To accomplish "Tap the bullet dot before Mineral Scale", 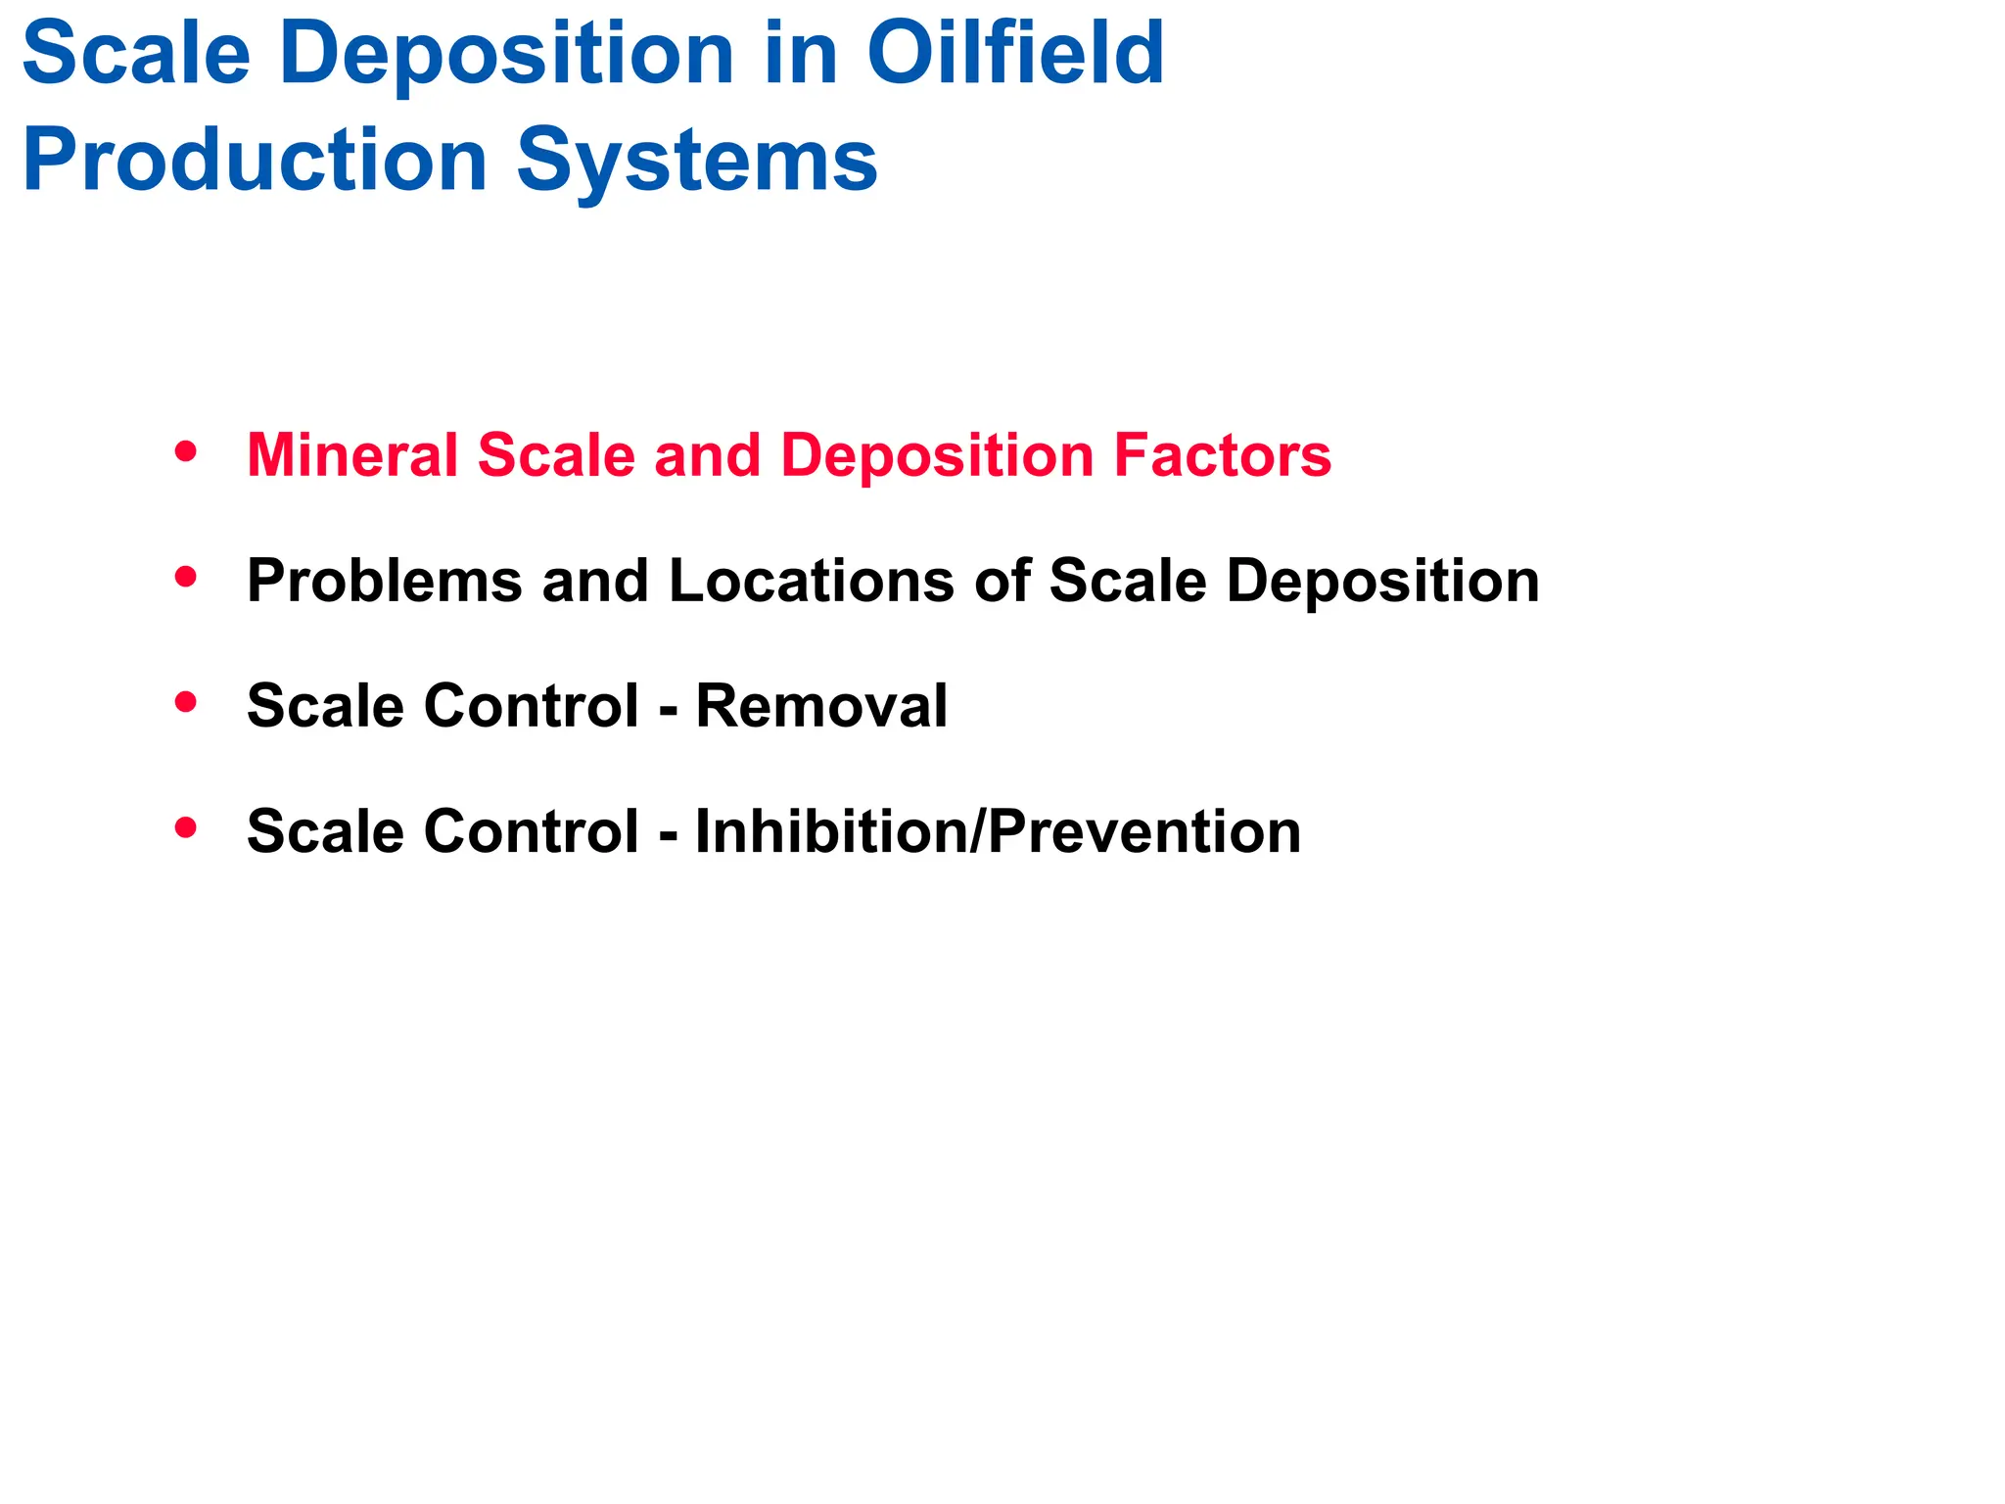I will (x=185, y=452).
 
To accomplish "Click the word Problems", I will (x=385, y=581).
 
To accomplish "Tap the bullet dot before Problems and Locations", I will (x=185, y=578).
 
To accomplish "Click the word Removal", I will (x=821, y=706).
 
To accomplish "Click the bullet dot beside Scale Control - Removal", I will (x=185, y=703).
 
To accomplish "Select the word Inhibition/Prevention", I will (x=998, y=831).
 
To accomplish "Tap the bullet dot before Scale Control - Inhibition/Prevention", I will (x=185, y=828).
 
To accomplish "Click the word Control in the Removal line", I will (x=531, y=706).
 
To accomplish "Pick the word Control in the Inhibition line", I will (x=531, y=831).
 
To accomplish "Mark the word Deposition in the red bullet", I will (x=937, y=455).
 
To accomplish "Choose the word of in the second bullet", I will (x=1002, y=581).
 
